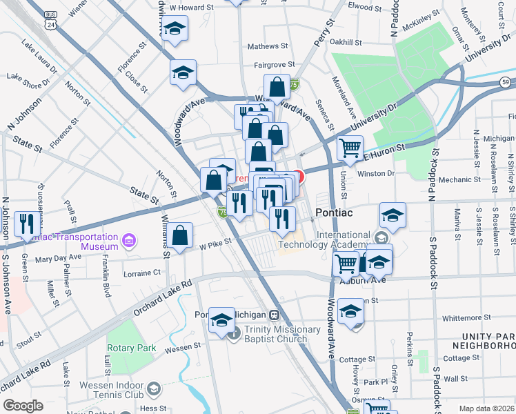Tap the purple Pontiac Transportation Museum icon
point(128,240)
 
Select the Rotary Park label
point(131,348)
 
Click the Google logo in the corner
point(23,406)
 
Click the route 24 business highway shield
point(50,19)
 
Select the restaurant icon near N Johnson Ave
point(28,222)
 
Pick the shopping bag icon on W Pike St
point(180,235)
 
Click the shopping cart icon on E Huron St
point(350,147)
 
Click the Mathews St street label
point(268,46)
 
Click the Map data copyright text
point(487,408)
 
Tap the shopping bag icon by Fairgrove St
point(276,88)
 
